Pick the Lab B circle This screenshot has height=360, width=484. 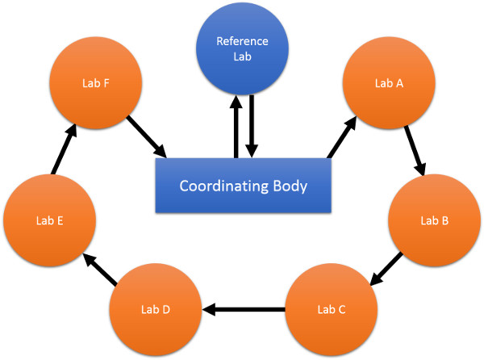tap(436, 220)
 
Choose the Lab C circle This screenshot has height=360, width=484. tap(332, 308)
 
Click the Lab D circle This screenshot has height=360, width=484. tap(156, 309)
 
